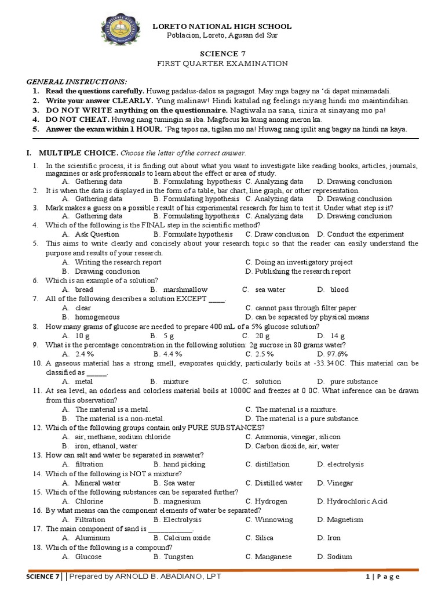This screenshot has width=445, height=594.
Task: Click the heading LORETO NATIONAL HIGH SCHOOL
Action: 222,27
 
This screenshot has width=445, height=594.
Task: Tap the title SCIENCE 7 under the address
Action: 222,52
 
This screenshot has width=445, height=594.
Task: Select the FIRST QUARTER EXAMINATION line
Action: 222,63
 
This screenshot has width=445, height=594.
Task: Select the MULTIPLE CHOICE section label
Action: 78,153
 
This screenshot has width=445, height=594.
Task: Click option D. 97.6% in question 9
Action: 333,354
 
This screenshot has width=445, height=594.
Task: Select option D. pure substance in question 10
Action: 347,382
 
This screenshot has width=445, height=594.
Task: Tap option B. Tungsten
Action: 173,556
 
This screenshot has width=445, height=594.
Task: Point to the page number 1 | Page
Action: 382,577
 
